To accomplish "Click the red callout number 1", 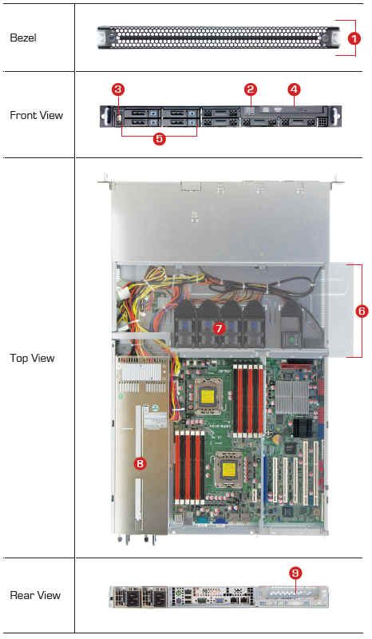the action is (x=354, y=38).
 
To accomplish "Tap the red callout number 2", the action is (x=250, y=89).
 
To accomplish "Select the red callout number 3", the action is (x=118, y=89).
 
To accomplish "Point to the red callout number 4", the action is (x=294, y=89).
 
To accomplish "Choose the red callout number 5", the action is (x=160, y=138).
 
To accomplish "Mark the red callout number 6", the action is (x=362, y=312).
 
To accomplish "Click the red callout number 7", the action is (x=220, y=328).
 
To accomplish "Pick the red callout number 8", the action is (x=140, y=463).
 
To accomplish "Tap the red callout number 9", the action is (x=295, y=573).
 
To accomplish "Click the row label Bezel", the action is (x=23, y=38).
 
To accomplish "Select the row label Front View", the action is (x=36, y=115).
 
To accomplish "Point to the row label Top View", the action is (x=32, y=358).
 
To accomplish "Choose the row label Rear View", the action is (x=35, y=595).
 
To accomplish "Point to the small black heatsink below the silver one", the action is (x=302, y=427).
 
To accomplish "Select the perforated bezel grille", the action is (x=219, y=38).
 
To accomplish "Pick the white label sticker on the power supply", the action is (x=156, y=419).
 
